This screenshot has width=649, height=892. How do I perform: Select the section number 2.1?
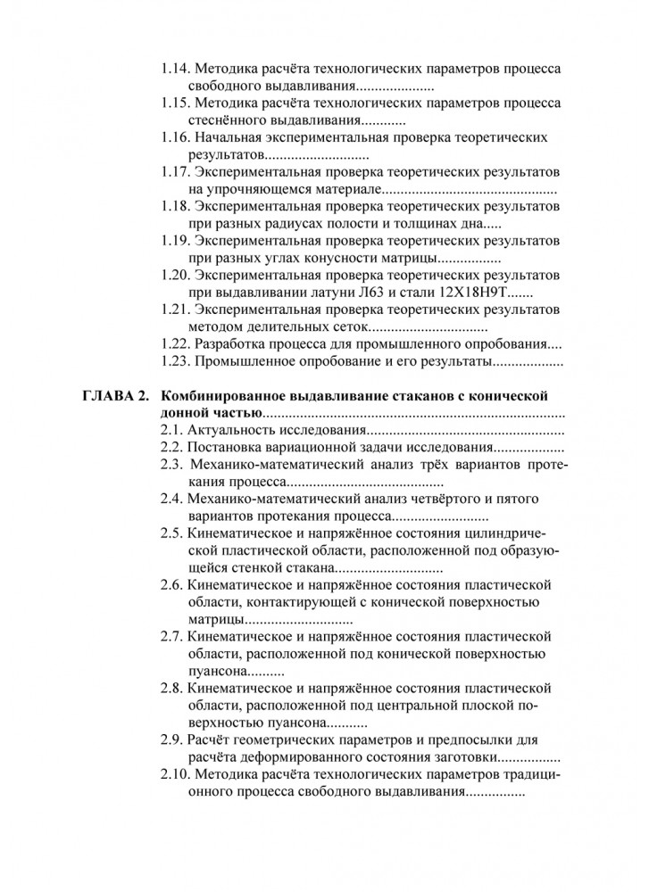[x=172, y=431]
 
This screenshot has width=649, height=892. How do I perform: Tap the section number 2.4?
[x=172, y=499]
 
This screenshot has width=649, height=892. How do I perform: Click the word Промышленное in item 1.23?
[x=244, y=361]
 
